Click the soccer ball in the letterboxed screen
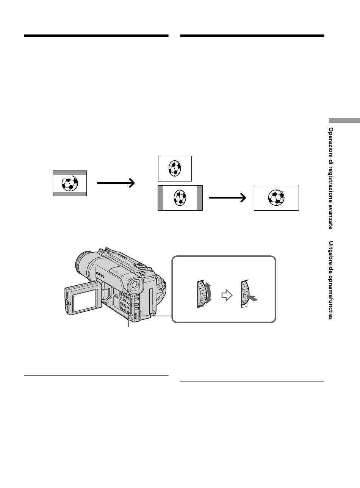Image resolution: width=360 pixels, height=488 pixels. (70, 183)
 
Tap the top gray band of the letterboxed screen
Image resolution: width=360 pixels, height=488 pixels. (70, 173)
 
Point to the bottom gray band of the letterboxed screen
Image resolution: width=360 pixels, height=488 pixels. (70, 194)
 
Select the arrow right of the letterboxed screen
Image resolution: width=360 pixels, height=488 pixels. (116, 183)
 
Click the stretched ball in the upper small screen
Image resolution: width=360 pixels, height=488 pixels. (175, 168)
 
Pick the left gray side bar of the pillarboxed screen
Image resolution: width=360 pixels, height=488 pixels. (161, 198)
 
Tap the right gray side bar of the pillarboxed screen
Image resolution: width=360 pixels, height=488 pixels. (200, 198)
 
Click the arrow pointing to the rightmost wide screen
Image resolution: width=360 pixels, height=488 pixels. (227, 198)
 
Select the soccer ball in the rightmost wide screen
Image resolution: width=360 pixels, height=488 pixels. (276, 198)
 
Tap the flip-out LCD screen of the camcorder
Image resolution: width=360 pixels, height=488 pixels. (85, 301)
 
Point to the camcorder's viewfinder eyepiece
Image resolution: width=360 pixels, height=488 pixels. (136, 285)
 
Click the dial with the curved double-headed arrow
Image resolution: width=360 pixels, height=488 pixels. (202, 294)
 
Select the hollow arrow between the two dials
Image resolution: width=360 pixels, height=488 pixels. (227, 295)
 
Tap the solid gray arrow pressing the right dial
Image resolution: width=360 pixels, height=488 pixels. (252, 298)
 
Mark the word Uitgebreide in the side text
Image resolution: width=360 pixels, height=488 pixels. (331, 257)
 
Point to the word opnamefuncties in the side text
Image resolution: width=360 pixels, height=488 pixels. (331, 297)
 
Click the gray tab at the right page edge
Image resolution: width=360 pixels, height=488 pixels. (344, 120)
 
